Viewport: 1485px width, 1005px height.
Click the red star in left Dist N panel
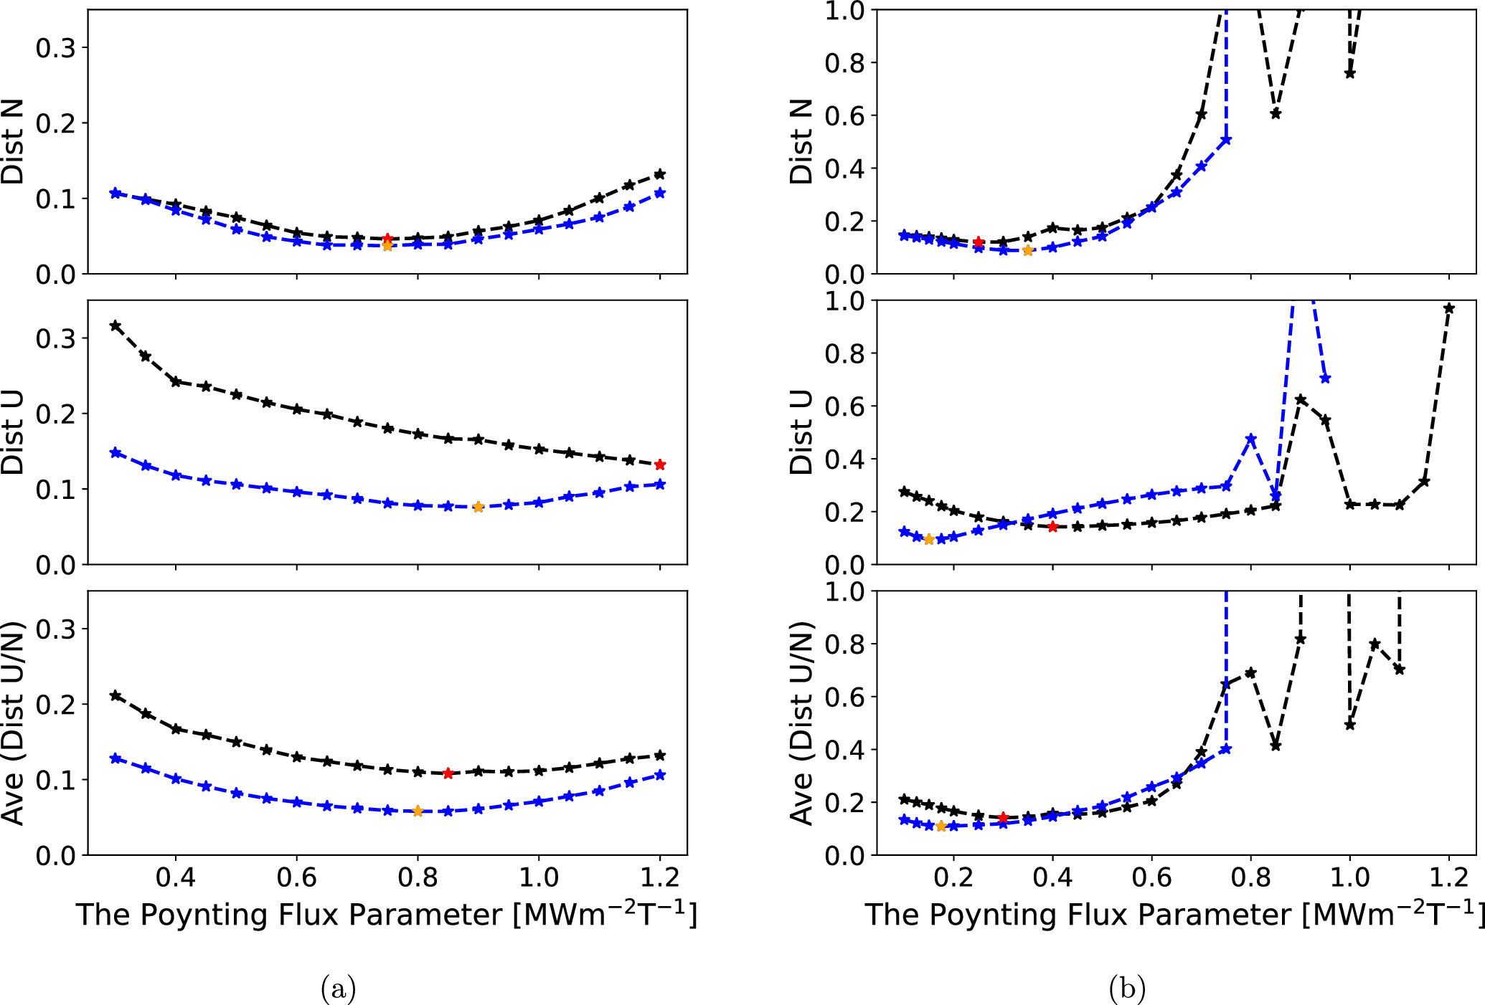[387, 239]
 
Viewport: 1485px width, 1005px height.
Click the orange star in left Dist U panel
[478, 507]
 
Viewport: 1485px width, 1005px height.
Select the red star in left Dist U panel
[660, 465]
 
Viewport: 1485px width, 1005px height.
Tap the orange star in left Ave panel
[418, 811]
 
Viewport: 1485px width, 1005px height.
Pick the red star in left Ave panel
[448, 773]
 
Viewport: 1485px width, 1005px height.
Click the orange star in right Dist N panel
[1027, 250]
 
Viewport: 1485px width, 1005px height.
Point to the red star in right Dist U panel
[1052, 527]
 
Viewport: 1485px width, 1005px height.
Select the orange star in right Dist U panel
[929, 540]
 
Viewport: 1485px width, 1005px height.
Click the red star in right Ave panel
[1003, 817]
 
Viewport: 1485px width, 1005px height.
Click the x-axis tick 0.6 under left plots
[296, 877]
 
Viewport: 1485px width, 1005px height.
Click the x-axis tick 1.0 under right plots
[1349, 877]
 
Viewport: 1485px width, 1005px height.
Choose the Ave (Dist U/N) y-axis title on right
[801, 723]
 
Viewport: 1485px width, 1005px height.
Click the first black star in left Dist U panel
[115, 326]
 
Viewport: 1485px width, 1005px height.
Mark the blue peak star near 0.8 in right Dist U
[1251, 439]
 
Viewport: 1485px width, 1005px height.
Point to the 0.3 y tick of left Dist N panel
[55, 48]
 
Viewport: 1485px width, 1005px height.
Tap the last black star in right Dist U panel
[1448, 308]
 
